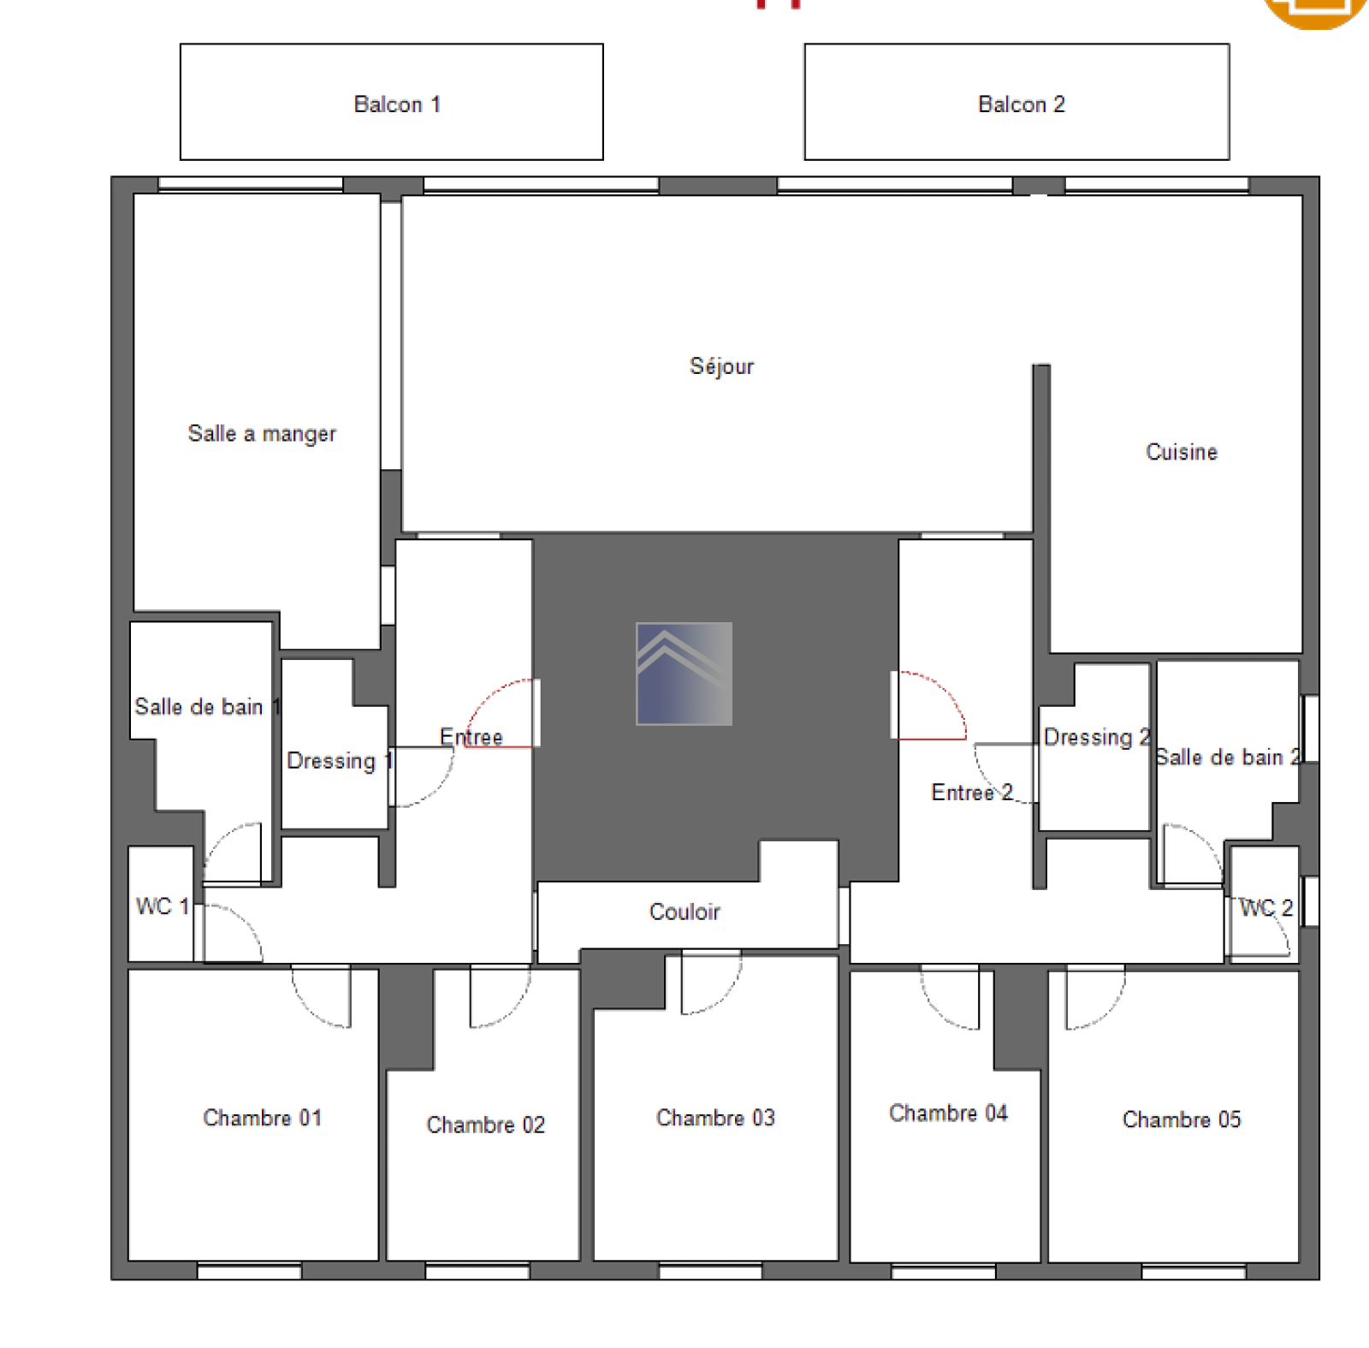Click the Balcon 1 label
[397, 104]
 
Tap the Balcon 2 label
[1022, 104]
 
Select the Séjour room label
[722, 366]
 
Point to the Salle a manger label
[262, 434]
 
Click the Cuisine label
[1182, 452]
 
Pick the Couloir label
[684, 912]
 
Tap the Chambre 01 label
[263, 1118]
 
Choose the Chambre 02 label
[486, 1125]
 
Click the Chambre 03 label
[715, 1118]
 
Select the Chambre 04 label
[948, 1113]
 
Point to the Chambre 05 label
[1182, 1119]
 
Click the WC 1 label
[162, 906]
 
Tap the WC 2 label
[1266, 908]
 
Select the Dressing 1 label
[340, 761]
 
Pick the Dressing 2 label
[1097, 737]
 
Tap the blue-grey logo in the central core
[684, 674]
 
